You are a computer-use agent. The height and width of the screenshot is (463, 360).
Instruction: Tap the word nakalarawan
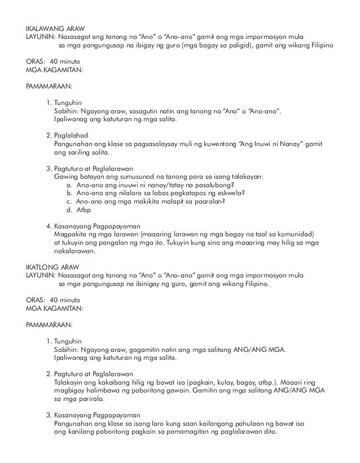pos(75,251)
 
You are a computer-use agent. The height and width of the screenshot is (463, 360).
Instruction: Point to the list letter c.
pos(68,201)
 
